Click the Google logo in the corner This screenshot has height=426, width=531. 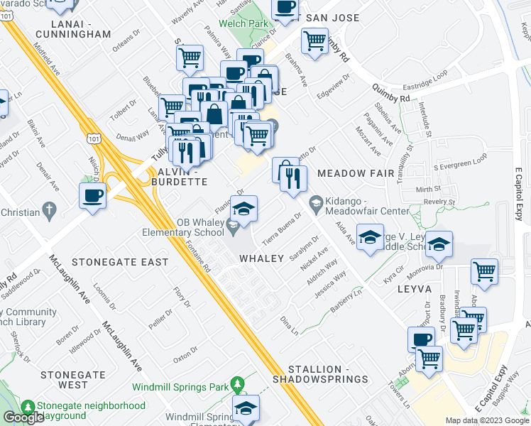(23, 417)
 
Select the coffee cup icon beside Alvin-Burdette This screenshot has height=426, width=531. (92, 195)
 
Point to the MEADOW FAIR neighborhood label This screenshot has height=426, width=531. (354, 173)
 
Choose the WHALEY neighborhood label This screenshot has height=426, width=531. (261, 258)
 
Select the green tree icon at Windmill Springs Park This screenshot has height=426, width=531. (237, 386)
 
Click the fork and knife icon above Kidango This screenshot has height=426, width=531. (293, 180)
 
